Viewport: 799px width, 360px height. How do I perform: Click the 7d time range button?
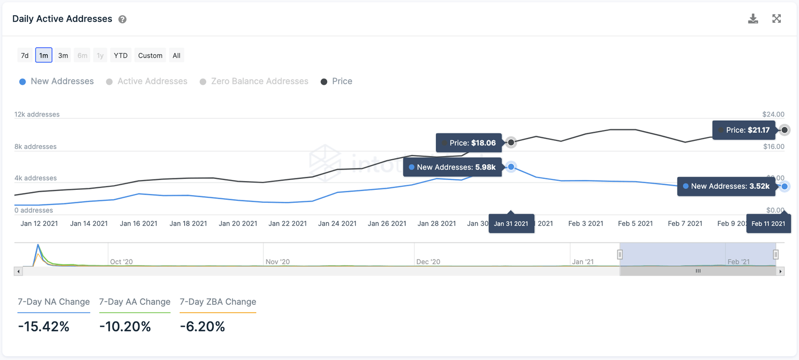(24, 56)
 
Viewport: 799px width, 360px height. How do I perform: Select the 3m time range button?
(63, 56)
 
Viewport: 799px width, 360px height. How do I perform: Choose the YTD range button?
(121, 56)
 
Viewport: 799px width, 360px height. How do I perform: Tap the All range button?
(176, 56)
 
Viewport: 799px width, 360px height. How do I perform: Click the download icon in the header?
(753, 19)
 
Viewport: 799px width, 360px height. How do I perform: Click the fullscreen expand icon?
(777, 19)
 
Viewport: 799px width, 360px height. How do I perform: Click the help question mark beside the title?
(122, 20)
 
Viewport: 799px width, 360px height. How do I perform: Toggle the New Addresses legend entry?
(57, 82)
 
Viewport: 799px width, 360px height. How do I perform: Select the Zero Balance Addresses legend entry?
(254, 82)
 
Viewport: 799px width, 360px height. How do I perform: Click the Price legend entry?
(337, 82)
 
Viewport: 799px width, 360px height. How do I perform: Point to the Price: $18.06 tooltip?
(469, 143)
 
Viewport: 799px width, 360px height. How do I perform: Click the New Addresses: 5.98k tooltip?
(452, 168)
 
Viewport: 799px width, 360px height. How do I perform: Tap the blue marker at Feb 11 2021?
(784, 186)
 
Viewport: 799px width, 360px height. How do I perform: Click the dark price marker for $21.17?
(784, 130)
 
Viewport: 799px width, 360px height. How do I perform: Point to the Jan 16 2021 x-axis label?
(138, 224)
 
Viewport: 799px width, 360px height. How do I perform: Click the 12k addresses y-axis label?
(37, 114)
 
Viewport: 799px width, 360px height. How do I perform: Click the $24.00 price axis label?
(773, 114)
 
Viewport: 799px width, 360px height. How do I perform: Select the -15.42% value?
(44, 327)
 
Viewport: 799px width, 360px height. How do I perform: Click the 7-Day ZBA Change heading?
(218, 302)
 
